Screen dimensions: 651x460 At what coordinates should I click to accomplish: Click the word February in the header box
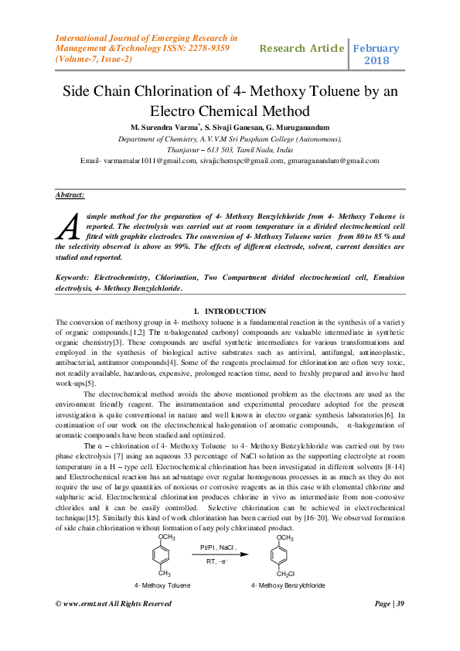[377, 48]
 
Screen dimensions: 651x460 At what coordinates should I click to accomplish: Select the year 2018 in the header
[377, 60]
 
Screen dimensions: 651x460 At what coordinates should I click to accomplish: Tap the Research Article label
[302, 48]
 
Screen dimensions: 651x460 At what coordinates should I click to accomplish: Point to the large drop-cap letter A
[68, 225]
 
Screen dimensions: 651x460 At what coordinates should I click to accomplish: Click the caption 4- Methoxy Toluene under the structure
[162, 585]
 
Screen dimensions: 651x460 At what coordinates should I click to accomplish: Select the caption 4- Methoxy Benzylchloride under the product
[288, 585]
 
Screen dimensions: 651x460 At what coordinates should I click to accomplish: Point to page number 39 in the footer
[400, 625]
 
